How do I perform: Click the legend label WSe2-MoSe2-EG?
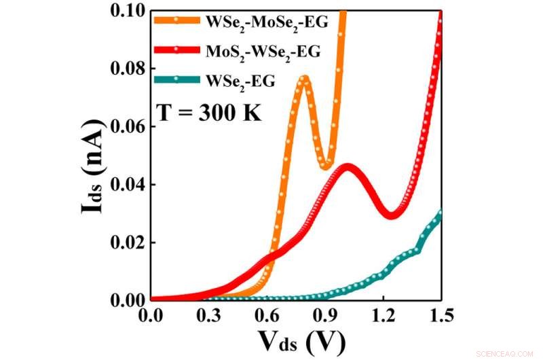tap(267, 22)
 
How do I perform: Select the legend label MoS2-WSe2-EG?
tap(263, 51)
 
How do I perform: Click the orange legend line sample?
tap(176, 20)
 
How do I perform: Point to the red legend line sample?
tap(176, 50)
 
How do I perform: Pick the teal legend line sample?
tap(176, 80)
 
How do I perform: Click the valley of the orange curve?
tap(326, 165)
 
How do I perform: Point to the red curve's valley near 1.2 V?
tap(392, 214)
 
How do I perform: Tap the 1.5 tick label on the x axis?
tap(441, 315)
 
